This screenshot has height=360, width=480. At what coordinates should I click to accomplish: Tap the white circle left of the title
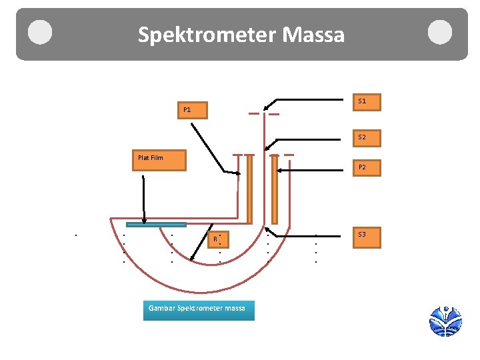coord(40,33)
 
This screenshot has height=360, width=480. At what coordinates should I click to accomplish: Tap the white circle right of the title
coord(440,33)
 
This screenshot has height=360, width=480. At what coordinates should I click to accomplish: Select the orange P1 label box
coord(192,110)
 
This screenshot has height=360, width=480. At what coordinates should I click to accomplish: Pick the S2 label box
coord(366,137)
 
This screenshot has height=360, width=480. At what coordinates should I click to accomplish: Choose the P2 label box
coord(366,167)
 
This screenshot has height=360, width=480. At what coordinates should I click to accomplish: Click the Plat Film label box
coord(159,161)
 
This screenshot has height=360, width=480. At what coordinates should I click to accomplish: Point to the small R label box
coord(215,239)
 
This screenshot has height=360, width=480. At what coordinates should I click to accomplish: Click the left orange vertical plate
coord(249,189)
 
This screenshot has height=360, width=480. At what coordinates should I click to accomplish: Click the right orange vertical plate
coord(273,189)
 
